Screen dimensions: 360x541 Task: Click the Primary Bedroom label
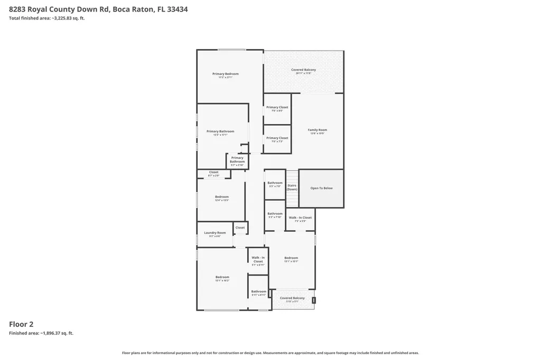(226, 74)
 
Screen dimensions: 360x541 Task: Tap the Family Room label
(318, 130)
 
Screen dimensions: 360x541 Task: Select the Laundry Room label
(215, 233)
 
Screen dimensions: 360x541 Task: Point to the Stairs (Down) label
(292, 187)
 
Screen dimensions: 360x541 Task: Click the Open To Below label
(321, 188)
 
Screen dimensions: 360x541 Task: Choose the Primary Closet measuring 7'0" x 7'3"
(277, 138)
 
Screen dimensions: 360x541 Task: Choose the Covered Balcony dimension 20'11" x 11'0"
(304, 73)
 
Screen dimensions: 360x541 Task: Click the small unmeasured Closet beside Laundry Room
(240, 228)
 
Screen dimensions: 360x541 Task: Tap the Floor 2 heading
(21, 324)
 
